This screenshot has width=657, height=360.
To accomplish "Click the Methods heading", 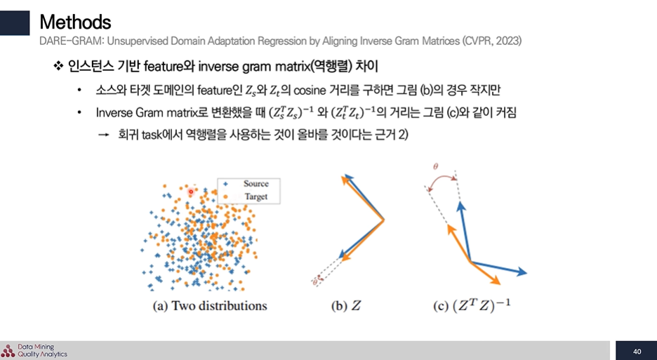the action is pyautogui.click(x=75, y=22).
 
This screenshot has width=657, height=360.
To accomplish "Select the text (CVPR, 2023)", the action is pyautogui.click(x=492, y=41).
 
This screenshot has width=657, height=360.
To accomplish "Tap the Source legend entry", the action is pyautogui.click(x=249, y=184).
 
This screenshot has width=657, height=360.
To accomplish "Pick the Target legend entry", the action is pyautogui.click(x=249, y=196).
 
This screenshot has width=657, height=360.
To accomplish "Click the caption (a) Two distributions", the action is pyautogui.click(x=209, y=306).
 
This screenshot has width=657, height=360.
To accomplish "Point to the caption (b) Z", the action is pyautogui.click(x=346, y=306).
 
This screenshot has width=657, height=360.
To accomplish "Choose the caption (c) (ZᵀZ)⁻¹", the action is pyautogui.click(x=472, y=305).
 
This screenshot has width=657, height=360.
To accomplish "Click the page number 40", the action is pyautogui.click(x=637, y=352).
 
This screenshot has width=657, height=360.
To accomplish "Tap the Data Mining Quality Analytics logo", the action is pyautogui.click(x=34, y=350).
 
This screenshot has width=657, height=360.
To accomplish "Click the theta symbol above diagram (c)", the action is pyautogui.click(x=435, y=166).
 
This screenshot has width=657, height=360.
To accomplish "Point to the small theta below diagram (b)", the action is pyautogui.click(x=314, y=282).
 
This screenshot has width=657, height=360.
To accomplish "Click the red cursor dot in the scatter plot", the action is pyautogui.click(x=191, y=192).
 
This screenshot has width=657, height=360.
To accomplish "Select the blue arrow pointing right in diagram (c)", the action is pyautogui.click(x=498, y=267).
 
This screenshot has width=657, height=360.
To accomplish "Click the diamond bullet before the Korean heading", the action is pyautogui.click(x=58, y=66).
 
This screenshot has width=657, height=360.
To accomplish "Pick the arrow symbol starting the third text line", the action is pyautogui.click(x=103, y=135).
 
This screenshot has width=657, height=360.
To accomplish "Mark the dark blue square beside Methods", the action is pyautogui.click(x=15, y=23).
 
